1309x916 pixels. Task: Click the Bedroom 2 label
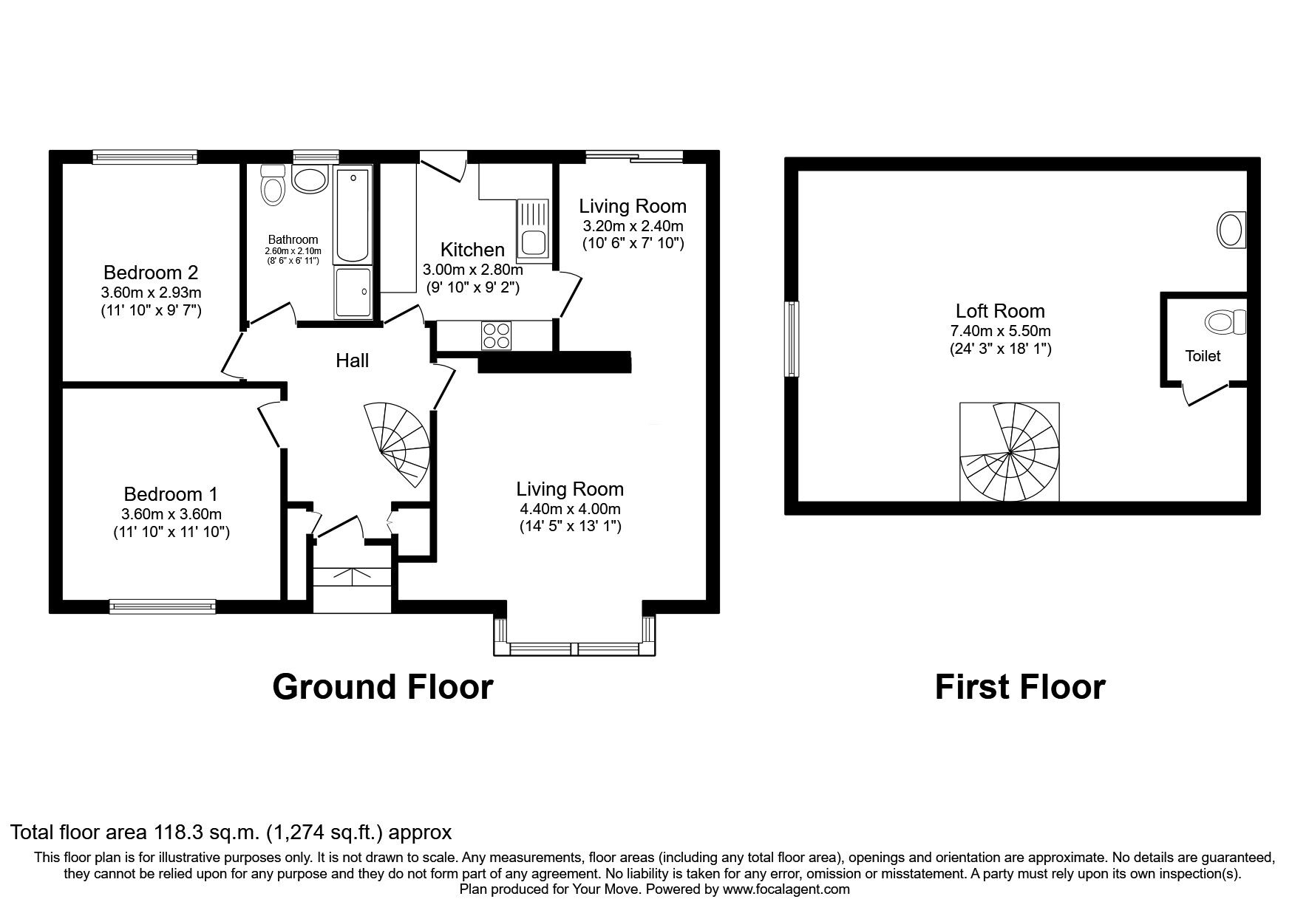point(151,272)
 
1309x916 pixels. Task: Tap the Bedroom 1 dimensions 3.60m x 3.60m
point(171,514)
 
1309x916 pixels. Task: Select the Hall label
point(353,360)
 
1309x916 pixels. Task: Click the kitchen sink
point(532,229)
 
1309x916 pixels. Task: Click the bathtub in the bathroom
point(353,215)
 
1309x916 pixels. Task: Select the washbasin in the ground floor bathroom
point(310,179)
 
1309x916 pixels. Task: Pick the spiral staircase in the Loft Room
point(1009,451)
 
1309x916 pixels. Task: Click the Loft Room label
point(1000,311)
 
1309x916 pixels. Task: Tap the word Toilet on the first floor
point(1203,356)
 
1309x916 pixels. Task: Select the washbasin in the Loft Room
point(1231,230)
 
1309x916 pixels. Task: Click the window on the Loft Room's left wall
point(792,339)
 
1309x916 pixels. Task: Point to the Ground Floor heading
point(382,687)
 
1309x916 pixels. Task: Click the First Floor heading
point(1020,687)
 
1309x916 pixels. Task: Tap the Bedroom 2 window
point(146,156)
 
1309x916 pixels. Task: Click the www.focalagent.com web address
point(786,889)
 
